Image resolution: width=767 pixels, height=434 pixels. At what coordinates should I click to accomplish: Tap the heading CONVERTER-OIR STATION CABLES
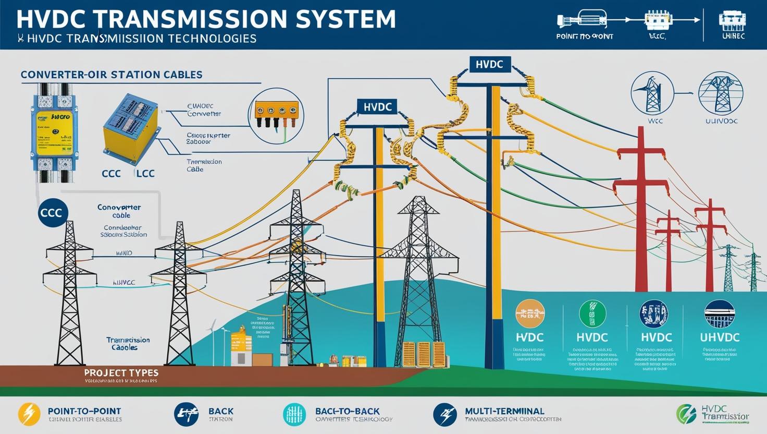tap(112, 75)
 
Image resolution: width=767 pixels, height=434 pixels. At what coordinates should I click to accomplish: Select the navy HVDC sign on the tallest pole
tap(489, 64)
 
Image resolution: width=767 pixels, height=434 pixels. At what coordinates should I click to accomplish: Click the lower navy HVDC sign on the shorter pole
tap(377, 107)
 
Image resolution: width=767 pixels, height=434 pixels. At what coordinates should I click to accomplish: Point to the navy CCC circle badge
tap(53, 212)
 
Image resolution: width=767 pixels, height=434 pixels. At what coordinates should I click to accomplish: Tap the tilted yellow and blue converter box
tap(130, 127)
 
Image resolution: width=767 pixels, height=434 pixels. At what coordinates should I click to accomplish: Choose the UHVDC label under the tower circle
tap(721, 121)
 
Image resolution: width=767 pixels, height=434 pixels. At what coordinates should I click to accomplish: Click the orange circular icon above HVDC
tap(529, 314)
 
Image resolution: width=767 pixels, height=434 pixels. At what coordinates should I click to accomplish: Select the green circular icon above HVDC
tap(592, 314)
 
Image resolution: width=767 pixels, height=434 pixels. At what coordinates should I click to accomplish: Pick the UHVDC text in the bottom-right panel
tap(720, 337)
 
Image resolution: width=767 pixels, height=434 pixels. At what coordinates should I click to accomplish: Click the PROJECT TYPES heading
tap(121, 373)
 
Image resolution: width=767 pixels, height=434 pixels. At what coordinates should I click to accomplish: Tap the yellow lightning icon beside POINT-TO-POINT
tap(29, 414)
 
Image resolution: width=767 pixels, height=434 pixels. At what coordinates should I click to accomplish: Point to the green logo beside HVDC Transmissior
tap(686, 414)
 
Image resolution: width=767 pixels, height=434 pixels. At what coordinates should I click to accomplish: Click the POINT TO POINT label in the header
tap(584, 37)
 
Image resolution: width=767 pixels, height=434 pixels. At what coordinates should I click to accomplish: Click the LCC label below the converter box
tap(145, 173)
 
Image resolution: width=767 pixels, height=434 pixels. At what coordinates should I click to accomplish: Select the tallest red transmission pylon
tap(641, 209)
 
